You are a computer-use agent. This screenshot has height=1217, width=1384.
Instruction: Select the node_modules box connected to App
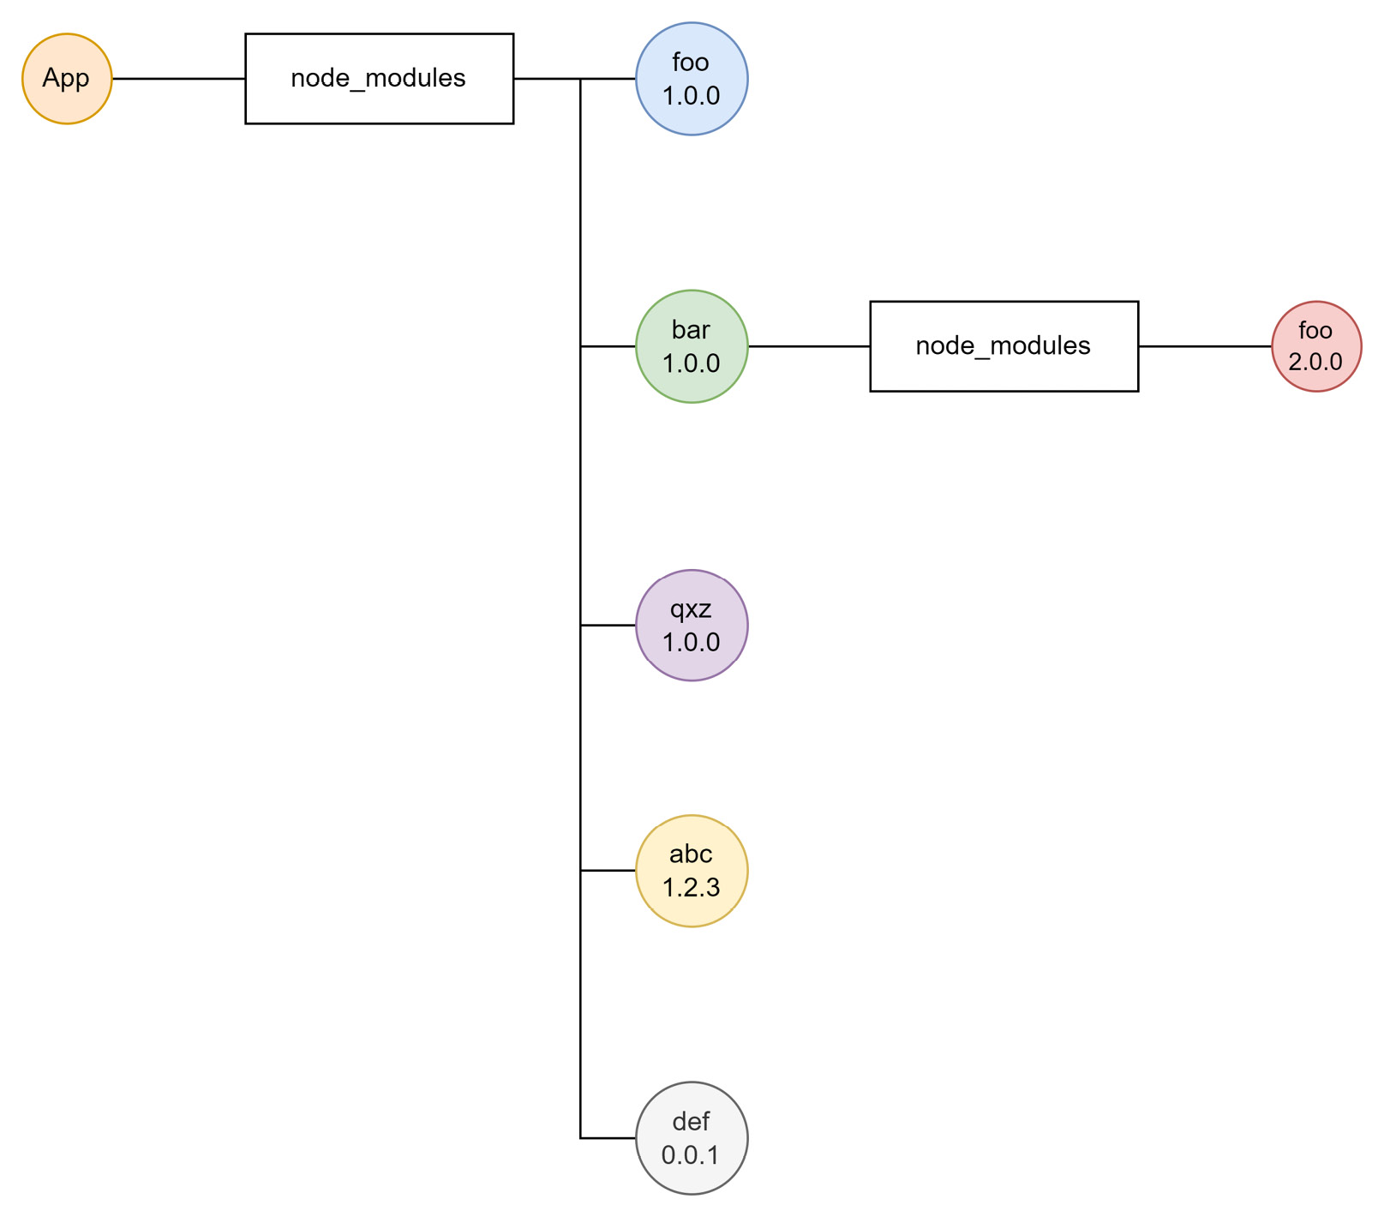click(379, 79)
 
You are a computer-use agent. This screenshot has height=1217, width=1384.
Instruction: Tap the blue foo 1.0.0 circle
click(692, 79)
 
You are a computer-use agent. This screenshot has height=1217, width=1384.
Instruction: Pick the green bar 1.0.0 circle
click(692, 346)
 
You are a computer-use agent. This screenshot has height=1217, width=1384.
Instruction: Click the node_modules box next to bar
click(1004, 346)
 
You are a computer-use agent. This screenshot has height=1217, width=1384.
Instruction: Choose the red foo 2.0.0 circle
click(1315, 346)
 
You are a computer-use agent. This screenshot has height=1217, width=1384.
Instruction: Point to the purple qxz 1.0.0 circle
click(692, 626)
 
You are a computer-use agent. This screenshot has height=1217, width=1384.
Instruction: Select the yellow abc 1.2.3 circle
click(692, 871)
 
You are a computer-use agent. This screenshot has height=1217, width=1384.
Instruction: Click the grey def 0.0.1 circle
click(692, 1138)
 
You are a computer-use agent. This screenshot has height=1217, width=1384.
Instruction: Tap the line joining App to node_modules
click(178, 79)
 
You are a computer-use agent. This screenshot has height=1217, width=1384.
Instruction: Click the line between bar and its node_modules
click(809, 346)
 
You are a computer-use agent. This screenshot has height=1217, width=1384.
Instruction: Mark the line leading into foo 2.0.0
click(1204, 346)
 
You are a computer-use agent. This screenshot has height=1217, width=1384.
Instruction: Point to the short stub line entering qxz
click(608, 626)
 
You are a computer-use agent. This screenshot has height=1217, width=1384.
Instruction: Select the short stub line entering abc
click(608, 871)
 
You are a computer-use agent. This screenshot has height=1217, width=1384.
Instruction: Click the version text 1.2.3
click(692, 888)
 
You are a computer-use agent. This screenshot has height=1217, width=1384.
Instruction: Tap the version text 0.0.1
click(692, 1155)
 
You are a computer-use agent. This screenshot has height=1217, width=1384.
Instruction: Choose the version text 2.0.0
click(1315, 362)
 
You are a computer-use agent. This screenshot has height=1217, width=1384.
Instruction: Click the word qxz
click(692, 609)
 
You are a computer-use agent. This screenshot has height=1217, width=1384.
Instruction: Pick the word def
click(692, 1122)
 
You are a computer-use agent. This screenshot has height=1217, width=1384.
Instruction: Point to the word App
click(66, 79)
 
